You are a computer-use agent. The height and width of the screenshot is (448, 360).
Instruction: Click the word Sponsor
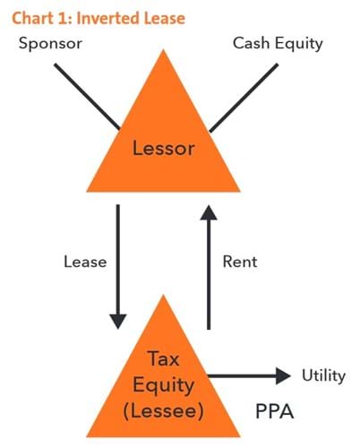[50, 44]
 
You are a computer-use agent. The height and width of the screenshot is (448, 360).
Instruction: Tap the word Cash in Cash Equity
[251, 43]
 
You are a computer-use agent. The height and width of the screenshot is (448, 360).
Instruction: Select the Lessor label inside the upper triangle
[164, 148]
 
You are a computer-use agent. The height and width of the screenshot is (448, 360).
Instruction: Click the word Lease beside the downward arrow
[85, 262]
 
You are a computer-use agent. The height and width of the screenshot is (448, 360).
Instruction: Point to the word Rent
[240, 262]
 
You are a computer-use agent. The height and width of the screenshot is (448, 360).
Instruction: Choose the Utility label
[323, 375]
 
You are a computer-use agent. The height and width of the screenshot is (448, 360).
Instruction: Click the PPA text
[275, 411]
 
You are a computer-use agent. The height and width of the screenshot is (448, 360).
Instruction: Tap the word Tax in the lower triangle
[163, 358]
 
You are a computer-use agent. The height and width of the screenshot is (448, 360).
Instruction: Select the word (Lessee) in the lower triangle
[164, 411]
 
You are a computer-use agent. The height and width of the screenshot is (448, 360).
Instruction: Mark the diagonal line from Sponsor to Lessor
[87, 97]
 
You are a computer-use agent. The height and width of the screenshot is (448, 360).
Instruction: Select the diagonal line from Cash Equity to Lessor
[244, 98]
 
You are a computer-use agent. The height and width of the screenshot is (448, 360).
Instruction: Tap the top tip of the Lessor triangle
[163, 50]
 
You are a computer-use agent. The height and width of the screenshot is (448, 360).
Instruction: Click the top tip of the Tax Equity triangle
[163, 295]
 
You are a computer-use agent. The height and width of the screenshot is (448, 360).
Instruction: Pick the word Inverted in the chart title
[108, 18]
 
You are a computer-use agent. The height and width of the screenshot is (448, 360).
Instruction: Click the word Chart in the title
[30, 18]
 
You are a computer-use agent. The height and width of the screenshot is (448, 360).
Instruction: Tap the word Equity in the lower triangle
[164, 385]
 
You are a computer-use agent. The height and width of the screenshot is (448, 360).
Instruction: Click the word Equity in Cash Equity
[298, 44]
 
